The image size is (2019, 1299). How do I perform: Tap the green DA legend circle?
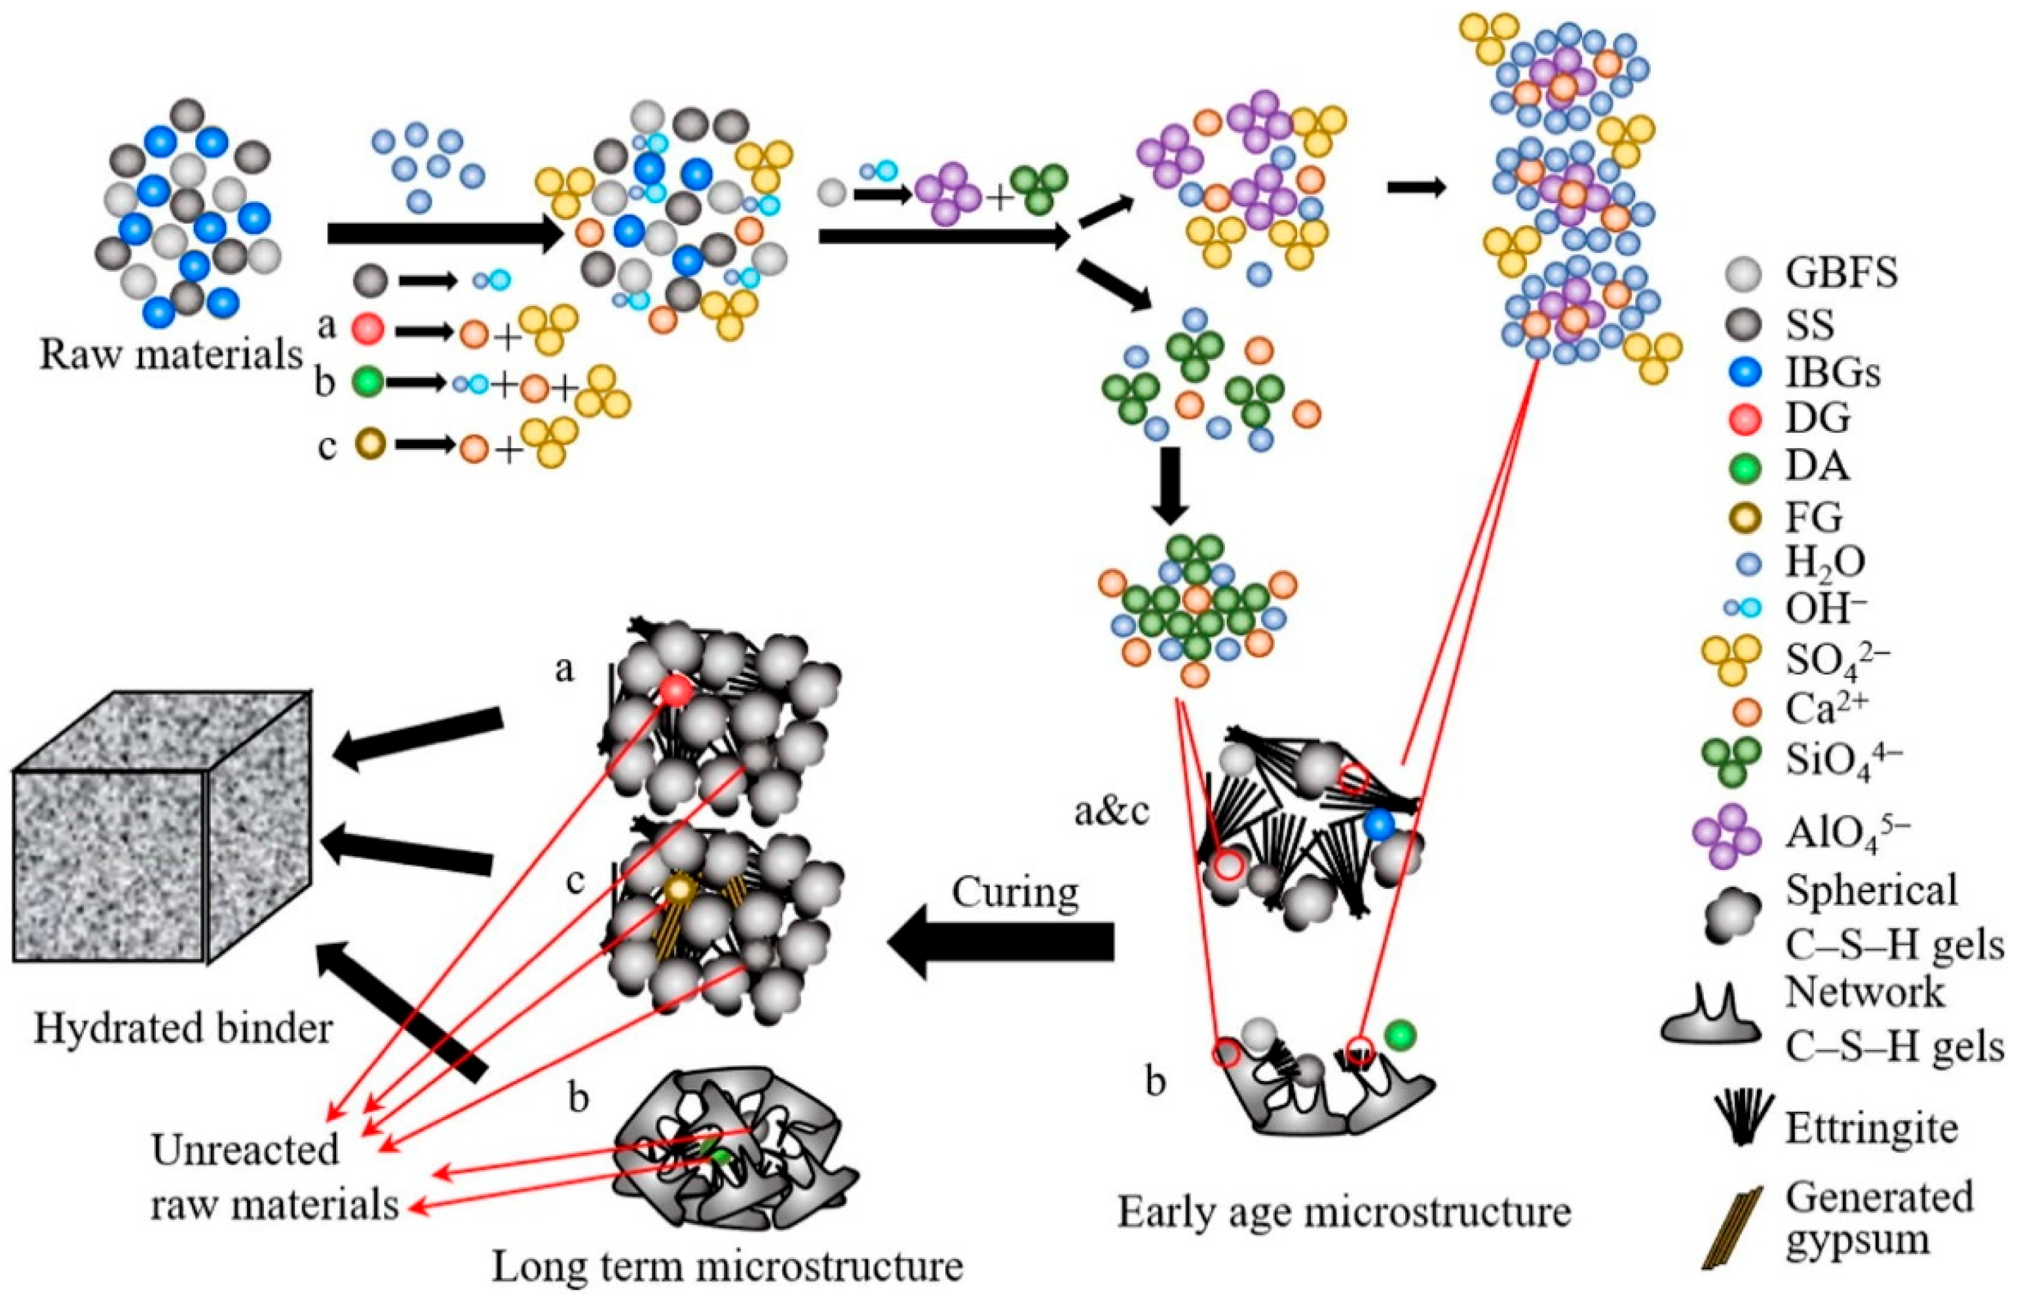(1743, 467)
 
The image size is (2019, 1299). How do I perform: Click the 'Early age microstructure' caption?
(1344, 1212)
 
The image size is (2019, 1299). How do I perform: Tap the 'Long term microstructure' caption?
(727, 1267)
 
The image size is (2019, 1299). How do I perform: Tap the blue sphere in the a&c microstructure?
(1379, 823)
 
